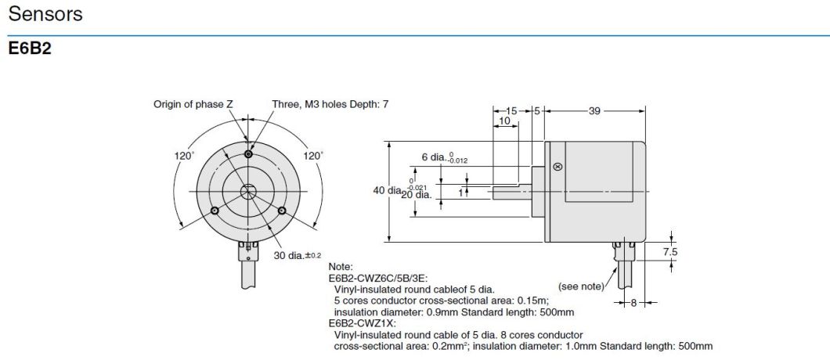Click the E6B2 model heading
(29, 49)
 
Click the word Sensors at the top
(45, 15)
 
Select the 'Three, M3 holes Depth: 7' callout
(330, 104)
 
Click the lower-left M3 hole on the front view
(215, 210)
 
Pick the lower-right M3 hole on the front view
(281, 210)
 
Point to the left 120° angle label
(184, 156)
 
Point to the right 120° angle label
(312, 156)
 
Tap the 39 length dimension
(594, 111)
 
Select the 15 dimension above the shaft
(511, 111)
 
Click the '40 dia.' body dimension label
(389, 189)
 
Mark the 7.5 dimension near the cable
(670, 252)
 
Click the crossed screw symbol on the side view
(558, 167)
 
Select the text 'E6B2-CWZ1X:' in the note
(362, 322)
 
